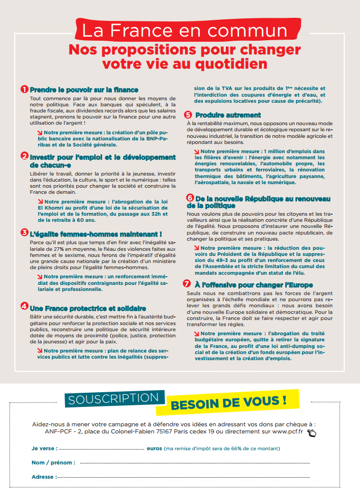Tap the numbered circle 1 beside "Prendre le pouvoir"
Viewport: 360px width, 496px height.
click(24, 89)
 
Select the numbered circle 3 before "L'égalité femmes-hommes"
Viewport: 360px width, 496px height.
click(24, 232)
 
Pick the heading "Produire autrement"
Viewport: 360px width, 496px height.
click(228, 115)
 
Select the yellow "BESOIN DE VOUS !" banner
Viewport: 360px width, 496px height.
click(228, 403)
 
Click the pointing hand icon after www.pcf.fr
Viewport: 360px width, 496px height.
click(312, 433)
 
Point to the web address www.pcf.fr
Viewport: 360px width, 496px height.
click(286, 432)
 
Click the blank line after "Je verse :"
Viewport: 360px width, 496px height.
click(102, 450)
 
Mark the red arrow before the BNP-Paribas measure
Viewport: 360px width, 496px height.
click(40, 133)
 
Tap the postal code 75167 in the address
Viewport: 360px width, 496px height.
click(182, 432)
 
